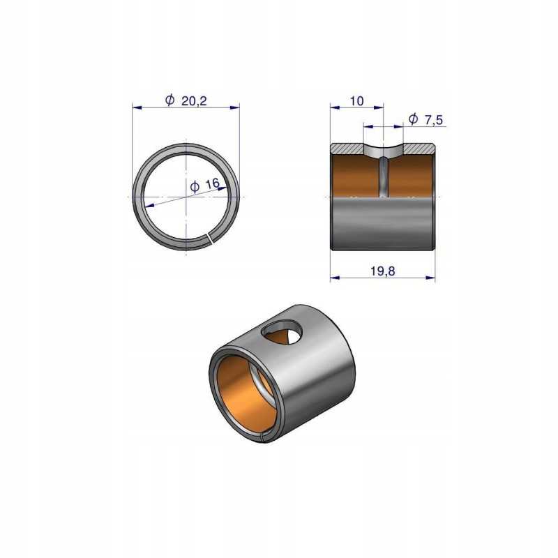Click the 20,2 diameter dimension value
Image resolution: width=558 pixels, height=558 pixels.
coord(194,101)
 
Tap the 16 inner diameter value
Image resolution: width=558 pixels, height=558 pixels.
coord(213,184)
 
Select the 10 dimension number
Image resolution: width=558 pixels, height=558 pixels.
coord(356,101)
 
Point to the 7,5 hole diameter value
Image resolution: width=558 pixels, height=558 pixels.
coord(434,120)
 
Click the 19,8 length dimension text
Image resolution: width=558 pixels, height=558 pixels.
coord(382,271)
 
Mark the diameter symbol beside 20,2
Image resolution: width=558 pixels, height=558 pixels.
coord(170,100)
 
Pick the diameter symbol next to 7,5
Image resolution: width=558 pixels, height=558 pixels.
coord(413,119)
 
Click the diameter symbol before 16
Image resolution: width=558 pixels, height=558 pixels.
coord(195,186)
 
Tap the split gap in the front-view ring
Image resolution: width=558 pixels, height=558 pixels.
coord(210,239)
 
